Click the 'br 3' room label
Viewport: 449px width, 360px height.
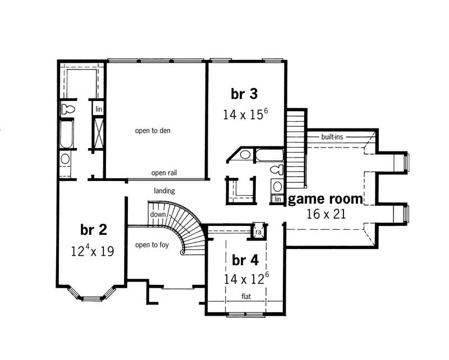(x=244, y=94)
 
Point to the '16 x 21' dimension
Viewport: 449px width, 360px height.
(x=326, y=214)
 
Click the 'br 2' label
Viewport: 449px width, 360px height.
(x=94, y=230)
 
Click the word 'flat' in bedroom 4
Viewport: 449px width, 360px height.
(x=246, y=296)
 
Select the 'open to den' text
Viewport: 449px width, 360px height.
(x=152, y=131)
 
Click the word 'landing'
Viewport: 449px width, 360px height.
(x=164, y=191)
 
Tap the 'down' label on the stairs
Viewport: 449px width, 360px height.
(x=158, y=215)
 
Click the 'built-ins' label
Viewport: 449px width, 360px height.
(x=332, y=136)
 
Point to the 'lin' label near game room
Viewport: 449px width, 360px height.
(x=277, y=199)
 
